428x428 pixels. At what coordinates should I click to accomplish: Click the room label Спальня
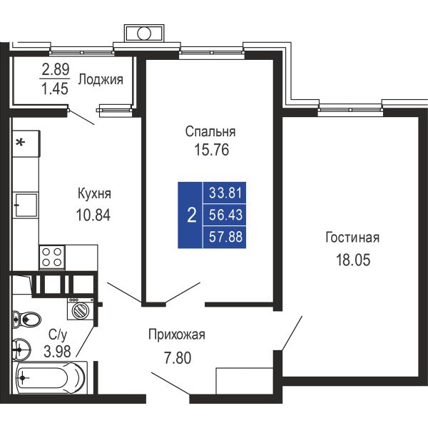click(210, 131)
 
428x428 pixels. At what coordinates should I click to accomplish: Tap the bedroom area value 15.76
click(212, 150)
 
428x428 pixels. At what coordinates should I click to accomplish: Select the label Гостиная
click(352, 238)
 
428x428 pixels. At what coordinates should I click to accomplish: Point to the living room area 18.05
click(353, 260)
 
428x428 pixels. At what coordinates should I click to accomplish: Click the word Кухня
click(94, 194)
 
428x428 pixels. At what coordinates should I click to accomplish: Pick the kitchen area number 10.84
click(93, 215)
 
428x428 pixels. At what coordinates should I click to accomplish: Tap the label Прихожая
click(177, 335)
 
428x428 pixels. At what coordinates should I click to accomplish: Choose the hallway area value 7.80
click(178, 358)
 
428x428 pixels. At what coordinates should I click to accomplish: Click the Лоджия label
click(101, 80)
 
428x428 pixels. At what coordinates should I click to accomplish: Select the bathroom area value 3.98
click(57, 351)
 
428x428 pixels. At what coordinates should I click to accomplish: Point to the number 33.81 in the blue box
click(225, 193)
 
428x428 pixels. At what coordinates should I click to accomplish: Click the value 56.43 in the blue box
click(225, 215)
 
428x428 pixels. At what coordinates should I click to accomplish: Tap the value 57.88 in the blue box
click(225, 236)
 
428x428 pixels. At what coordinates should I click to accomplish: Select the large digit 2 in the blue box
click(192, 215)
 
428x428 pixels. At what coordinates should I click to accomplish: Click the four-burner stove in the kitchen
click(52, 257)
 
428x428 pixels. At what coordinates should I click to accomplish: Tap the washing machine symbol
click(81, 309)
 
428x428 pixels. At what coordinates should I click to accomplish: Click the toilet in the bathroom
click(27, 319)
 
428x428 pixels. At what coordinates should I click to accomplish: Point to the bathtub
click(50, 378)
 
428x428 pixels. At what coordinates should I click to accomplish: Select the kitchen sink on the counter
click(26, 205)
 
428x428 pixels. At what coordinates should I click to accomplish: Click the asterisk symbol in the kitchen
click(20, 142)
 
